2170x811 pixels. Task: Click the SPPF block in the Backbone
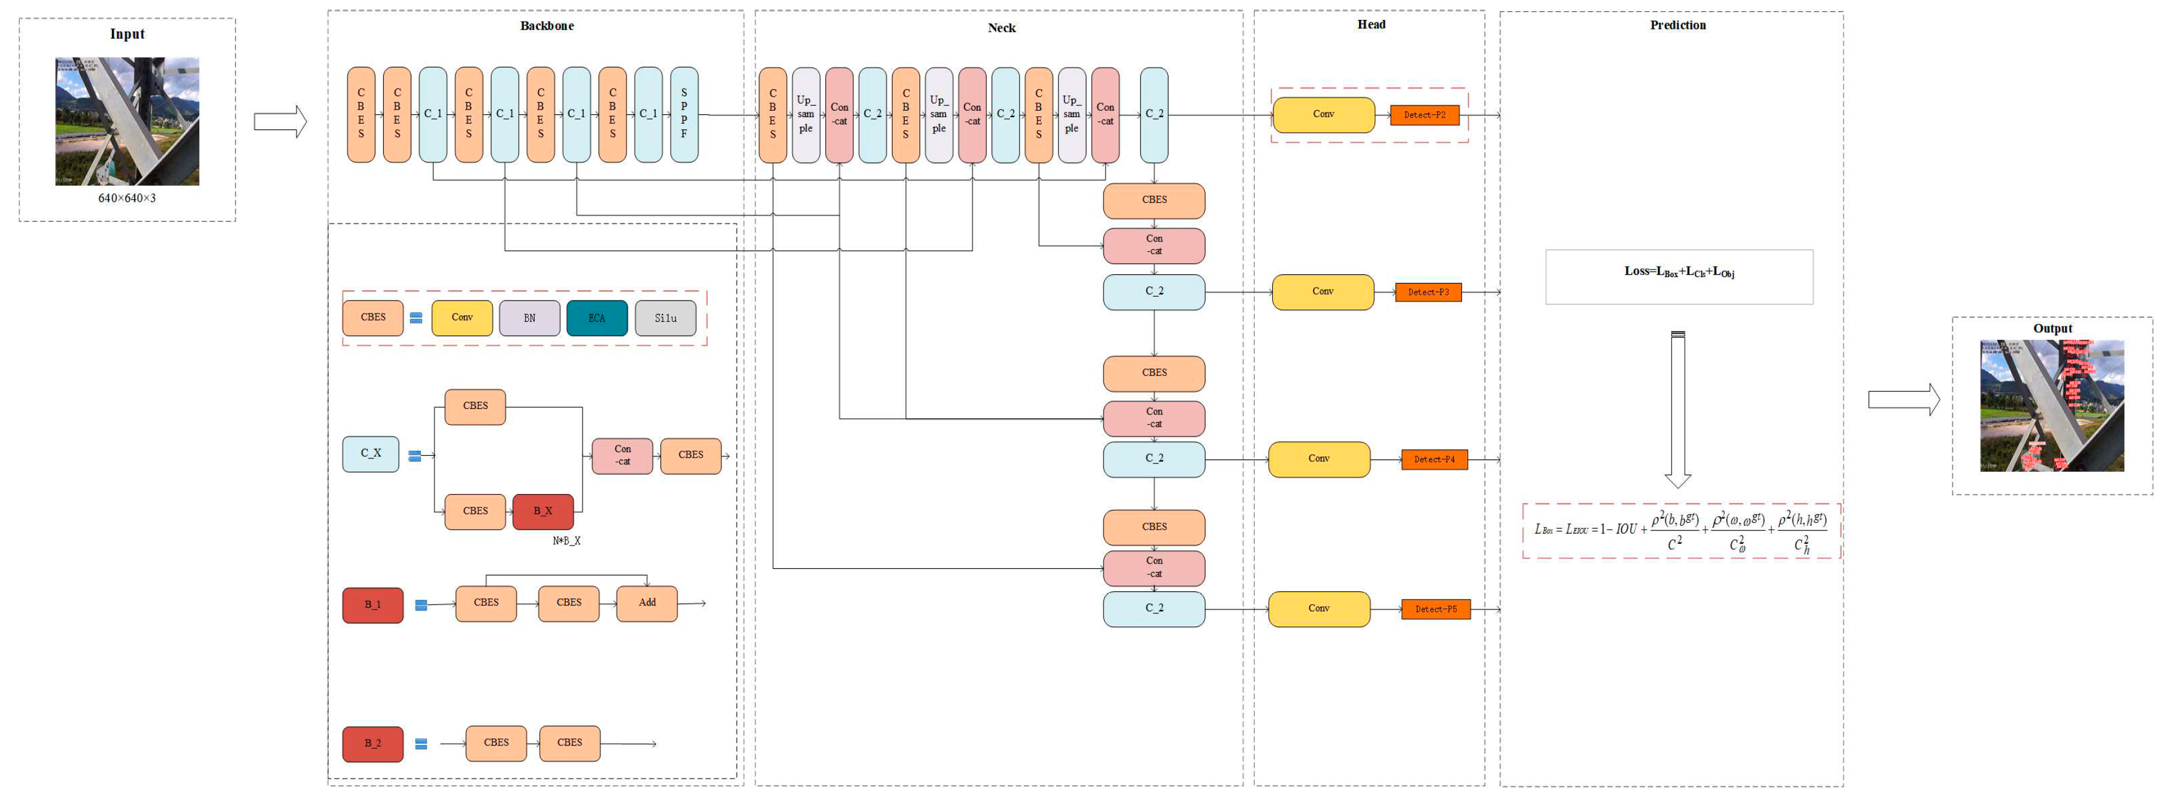683,114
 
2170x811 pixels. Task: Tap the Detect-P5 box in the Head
1436,609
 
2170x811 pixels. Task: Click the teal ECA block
597,318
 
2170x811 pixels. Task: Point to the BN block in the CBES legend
529,318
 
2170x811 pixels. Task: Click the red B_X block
543,511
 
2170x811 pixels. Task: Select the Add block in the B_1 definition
646,603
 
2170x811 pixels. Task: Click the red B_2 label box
372,744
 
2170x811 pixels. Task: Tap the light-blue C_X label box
370,454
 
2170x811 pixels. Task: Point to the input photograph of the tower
127,121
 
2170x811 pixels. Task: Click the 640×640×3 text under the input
127,199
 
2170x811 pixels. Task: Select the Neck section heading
1001,28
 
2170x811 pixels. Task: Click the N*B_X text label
566,541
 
